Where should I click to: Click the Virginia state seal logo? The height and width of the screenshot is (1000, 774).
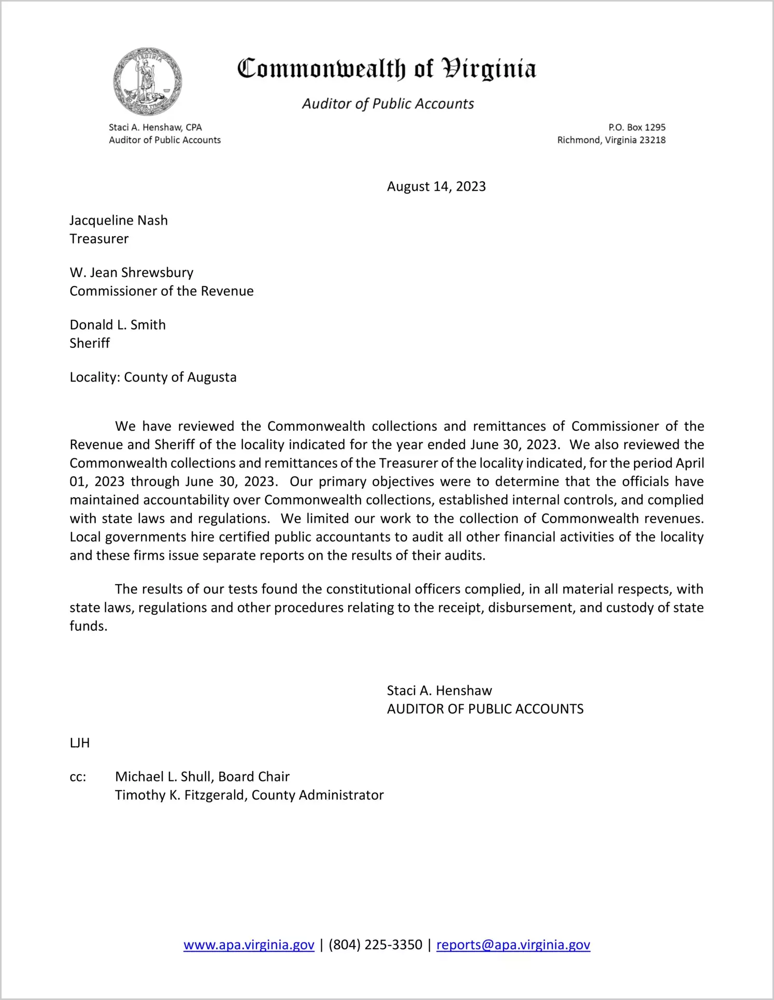click(148, 81)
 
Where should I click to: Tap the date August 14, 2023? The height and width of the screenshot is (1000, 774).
click(436, 186)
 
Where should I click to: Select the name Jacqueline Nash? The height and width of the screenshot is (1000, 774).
click(119, 221)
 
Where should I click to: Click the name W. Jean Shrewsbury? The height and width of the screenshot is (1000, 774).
click(132, 273)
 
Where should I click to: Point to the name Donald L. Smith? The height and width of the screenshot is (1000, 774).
click(118, 325)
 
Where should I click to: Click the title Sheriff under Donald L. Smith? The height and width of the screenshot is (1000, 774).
click(90, 343)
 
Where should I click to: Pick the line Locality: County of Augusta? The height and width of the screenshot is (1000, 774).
click(153, 377)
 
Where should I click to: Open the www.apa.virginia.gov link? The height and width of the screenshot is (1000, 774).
click(249, 945)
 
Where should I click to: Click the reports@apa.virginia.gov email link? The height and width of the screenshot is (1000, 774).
click(513, 945)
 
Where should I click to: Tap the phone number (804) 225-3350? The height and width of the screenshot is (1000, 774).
click(375, 945)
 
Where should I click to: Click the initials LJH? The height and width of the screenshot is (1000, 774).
click(80, 743)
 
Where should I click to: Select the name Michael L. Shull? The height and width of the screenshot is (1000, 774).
click(164, 777)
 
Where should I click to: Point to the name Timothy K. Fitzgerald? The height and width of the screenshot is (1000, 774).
click(181, 795)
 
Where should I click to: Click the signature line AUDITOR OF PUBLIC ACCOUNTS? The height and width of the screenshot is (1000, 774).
click(485, 709)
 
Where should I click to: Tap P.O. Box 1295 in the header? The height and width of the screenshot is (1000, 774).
click(637, 127)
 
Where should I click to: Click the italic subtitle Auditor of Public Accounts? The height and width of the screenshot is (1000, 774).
click(388, 104)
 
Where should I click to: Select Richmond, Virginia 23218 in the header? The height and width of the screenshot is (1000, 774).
click(611, 140)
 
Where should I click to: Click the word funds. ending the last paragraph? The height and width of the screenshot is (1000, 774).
click(88, 626)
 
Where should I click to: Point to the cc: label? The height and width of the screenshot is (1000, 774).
click(78, 777)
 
